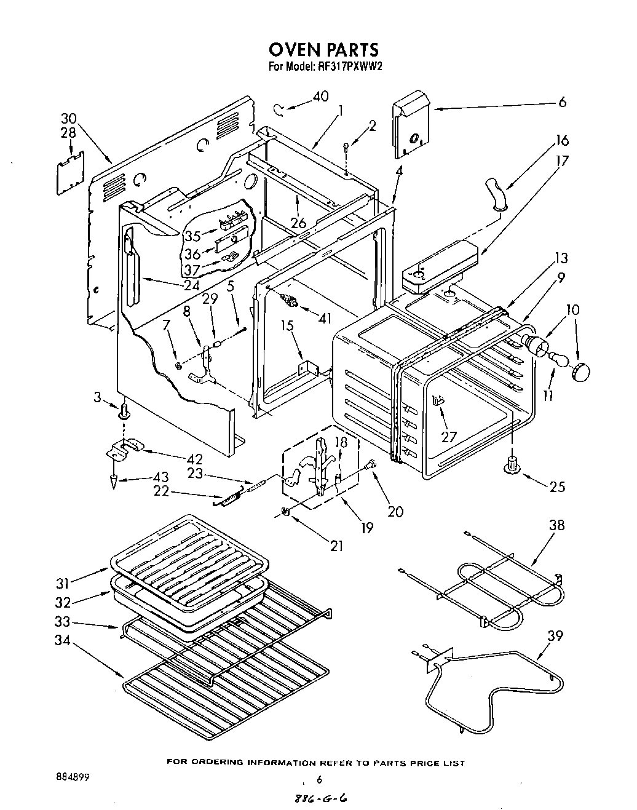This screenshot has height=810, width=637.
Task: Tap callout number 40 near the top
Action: (x=320, y=97)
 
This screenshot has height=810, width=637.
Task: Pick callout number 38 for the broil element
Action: (x=556, y=525)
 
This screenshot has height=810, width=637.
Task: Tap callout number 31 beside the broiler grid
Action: (x=62, y=581)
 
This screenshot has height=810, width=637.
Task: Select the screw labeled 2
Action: (x=347, y=146)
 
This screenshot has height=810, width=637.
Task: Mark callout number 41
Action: (x=325, y=319)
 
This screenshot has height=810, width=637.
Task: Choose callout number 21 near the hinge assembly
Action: (x=336, y=545)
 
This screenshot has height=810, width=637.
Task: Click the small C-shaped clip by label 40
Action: (x=280, y=109)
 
